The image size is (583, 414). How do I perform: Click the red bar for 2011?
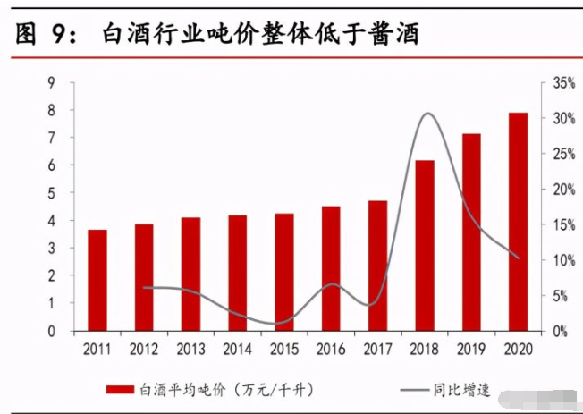point(97,280)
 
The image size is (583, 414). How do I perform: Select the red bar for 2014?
point(237,273)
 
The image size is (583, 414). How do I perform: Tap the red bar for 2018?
point(425,245)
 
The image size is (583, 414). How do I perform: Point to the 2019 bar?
point(471,232)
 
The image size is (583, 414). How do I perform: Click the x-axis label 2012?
point(144,348)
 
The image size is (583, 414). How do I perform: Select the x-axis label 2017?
point(377,348)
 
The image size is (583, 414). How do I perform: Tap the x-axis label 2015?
point(284,348)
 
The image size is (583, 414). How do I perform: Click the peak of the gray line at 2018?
point(427,114)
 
